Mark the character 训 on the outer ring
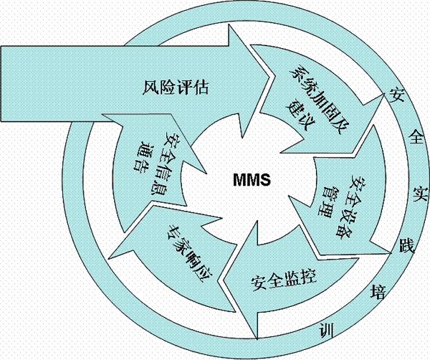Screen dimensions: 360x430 pos(326,331)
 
